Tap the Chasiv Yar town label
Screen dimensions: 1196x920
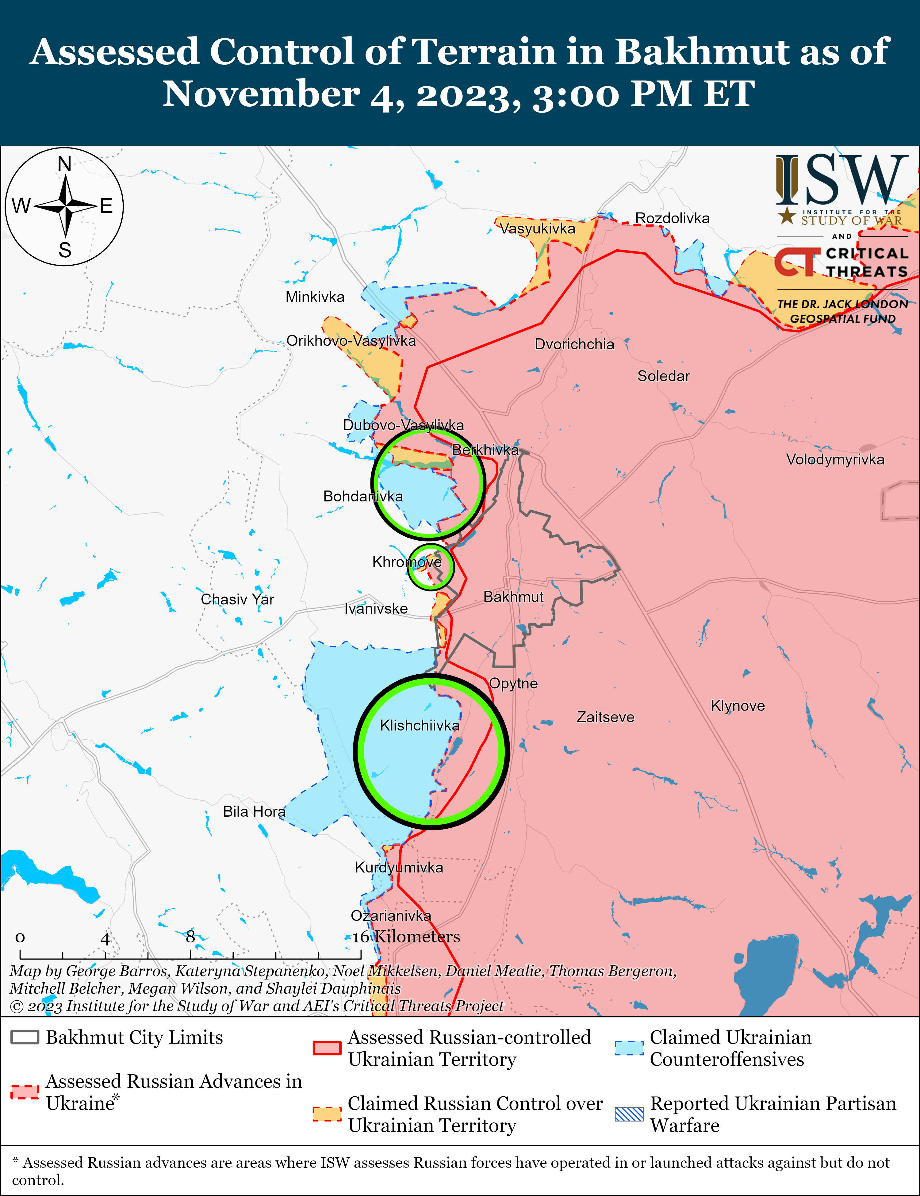[237, 599]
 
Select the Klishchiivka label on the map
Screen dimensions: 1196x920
[420, 726]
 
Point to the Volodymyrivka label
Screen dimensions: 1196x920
[834, 459]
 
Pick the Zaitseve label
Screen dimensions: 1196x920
[605, 717]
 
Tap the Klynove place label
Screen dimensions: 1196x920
[738, 706]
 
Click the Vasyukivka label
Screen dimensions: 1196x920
[537, 229]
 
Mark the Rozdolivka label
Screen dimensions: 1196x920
[672, 218]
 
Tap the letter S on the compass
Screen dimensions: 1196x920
[65, 250]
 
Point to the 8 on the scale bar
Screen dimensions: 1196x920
[190, 937]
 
